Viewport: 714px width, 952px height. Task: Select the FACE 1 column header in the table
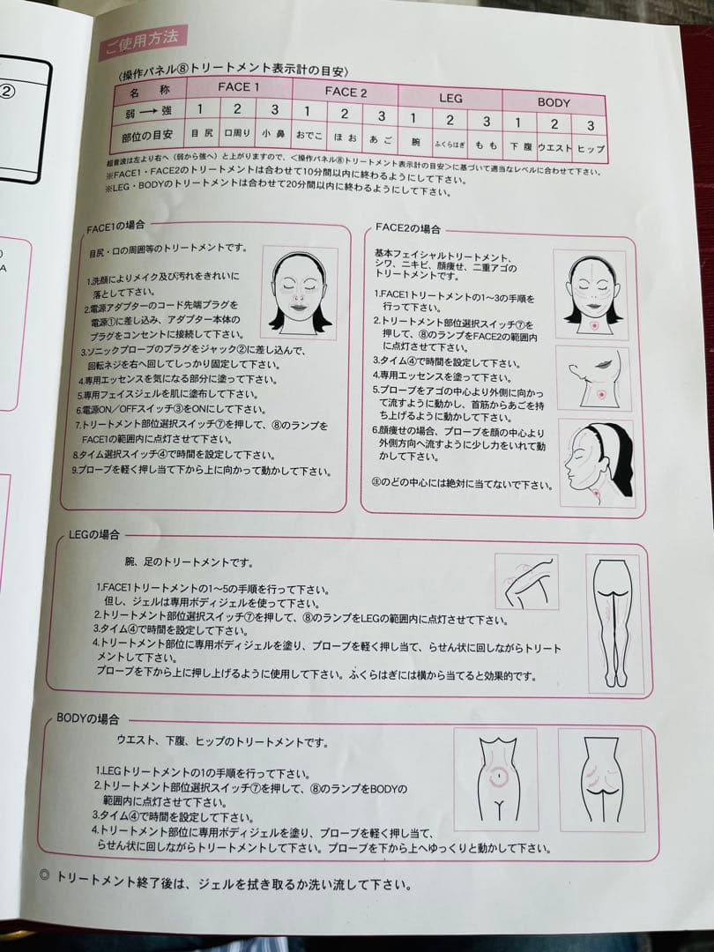click(238, 87)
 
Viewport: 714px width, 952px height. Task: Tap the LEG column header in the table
click(450, 98)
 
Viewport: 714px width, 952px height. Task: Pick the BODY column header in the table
click(554, 102)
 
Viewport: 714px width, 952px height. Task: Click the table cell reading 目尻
click(202, 134)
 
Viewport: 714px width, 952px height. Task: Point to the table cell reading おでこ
click(309, 136)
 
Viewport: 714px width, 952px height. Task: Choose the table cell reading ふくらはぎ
click(449, 142)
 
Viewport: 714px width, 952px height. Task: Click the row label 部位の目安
click(148, 134)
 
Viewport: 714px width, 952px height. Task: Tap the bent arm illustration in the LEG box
click(525, 581)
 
